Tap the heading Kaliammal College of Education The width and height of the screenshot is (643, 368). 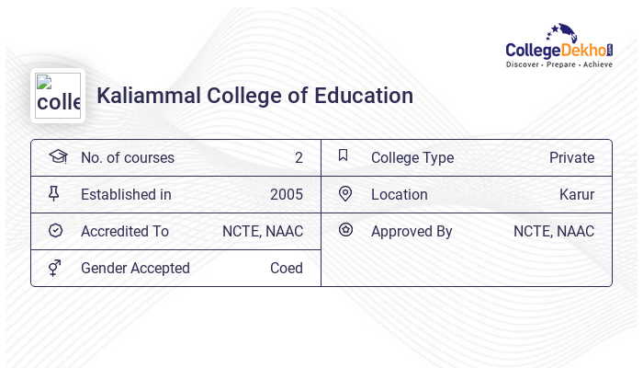pyautogui.click(x=254, y=96)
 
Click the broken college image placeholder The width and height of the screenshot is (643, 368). pyautogui.click(x=58, y=96)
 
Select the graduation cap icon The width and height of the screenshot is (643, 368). pyautogui.click(x=58, y=156)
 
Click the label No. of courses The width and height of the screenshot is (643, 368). pyautogui.click(x=127, y=157)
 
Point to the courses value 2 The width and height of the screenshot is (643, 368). pyautogui.click(x=299, y=157)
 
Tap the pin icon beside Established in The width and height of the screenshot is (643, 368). pyautogui.click(x=54, y=194)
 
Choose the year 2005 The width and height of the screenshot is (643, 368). pyautogui.click(x=286, y=194)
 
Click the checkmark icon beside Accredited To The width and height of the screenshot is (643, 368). pyautogui.click(x=55, y=231)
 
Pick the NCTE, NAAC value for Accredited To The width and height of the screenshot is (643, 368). pyautogui.click(x=262, y=231)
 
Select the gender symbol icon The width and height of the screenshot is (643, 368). pyautogui.click(x=55, y=268)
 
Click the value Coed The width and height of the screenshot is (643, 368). pyautogui.click(x=286, y=268)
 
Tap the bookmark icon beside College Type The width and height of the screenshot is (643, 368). pyautogui.click(x=343, y=156)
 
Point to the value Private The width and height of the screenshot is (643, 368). pyautogui.click(x=571, y=157)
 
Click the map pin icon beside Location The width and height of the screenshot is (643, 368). pyautogui.click(x=345, y=194)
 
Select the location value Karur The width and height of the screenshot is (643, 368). pyautogui.click(x=576, y=194)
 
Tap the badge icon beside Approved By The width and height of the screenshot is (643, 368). pyautogui.click(x=345, y=230)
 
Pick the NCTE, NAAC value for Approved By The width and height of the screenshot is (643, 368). pyautogui.click(x=553, y=231)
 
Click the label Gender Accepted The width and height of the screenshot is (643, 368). pyautogui.click(x=135, y=268)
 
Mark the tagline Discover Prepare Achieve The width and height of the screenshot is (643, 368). pyautogui.click(x=558, y=64)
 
